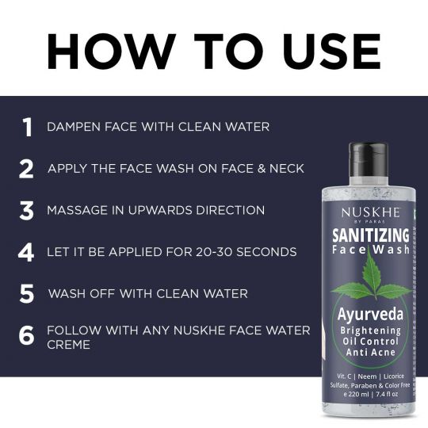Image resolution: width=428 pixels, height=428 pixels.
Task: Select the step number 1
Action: (28, 127)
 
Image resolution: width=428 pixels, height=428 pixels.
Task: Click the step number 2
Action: (26, 169)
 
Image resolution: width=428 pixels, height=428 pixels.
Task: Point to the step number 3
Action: (26, 211)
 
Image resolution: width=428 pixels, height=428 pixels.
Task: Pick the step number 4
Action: (26, 252)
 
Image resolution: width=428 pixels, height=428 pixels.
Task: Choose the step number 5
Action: (27, 294)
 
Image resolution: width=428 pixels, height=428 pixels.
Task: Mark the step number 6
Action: (26, 335)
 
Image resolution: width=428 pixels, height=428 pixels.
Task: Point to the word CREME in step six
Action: (68, 345)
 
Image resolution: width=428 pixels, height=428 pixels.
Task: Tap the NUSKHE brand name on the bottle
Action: (370, 212)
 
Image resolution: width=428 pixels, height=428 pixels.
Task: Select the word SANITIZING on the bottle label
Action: (371, 235)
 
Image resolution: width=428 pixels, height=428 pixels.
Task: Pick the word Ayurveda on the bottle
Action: (370, 315)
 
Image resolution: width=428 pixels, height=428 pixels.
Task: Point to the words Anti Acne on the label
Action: (370, 352)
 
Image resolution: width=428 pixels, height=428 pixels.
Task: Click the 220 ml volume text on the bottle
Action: (358, 394)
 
